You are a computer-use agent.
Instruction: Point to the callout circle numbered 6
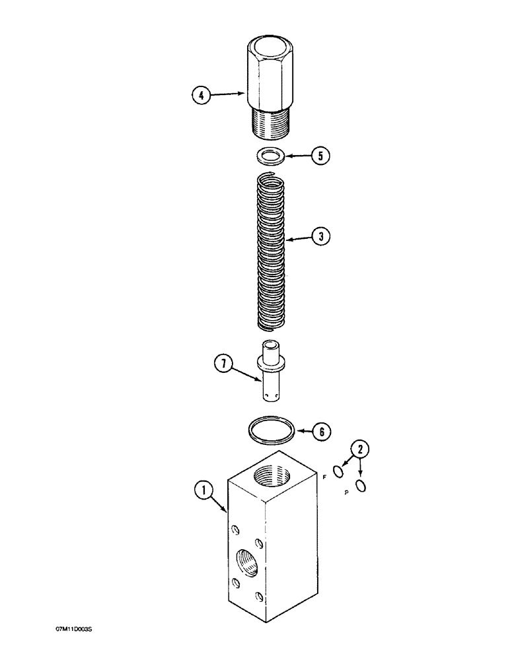pos(321,432)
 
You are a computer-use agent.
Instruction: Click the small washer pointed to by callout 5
pos(271,156)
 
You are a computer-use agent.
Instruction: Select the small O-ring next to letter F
pos(338,471)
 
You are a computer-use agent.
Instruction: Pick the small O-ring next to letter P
pos(361,486)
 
